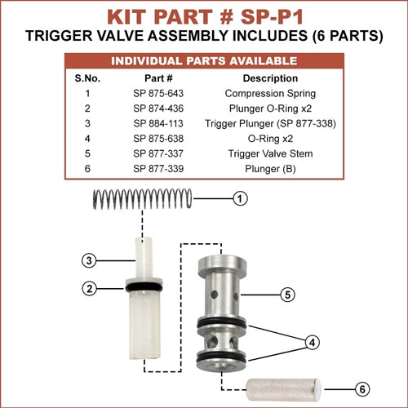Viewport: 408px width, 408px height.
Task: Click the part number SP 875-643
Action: pos(158,93)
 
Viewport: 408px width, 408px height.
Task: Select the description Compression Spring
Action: pos(270,94)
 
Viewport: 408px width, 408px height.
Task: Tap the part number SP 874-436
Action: pos(158,109)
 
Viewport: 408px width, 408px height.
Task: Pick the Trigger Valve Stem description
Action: pos(270,153)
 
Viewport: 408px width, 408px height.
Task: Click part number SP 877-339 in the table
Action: pos(158,169)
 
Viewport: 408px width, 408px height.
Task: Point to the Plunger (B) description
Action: pos(270,169)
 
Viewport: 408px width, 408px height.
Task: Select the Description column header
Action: pos(270,78)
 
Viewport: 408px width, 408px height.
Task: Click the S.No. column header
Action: pos(87,78)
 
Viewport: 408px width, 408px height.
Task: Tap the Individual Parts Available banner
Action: pos(204,61)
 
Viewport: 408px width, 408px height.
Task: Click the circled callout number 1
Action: pos(240,198)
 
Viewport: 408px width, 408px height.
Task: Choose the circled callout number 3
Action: pos(89,260)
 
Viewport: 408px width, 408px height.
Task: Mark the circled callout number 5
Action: pos(288,295)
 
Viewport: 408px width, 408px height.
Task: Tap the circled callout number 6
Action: pos(362,389)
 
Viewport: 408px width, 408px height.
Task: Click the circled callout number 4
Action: pos(313,342)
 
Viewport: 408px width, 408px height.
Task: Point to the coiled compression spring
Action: pos(143,199)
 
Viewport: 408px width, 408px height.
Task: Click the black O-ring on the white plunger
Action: pos(144,286)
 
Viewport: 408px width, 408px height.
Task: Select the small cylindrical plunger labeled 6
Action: pos(283,389)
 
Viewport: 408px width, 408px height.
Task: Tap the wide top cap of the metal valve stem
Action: pos(222,264)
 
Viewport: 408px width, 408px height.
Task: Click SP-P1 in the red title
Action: pos(272,17)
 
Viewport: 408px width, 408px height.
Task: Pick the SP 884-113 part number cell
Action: pos(158,123)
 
